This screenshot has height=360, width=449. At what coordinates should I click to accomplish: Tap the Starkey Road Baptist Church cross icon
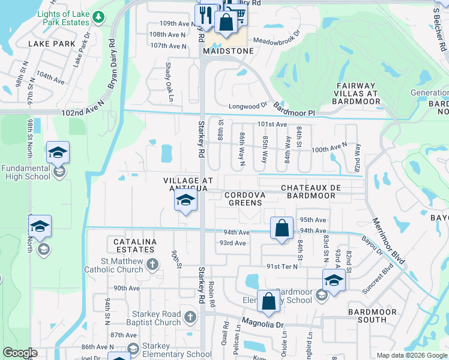[190, 316]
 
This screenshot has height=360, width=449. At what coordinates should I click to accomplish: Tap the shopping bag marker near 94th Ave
[282, 228]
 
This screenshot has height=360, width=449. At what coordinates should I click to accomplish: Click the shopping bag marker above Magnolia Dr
[268, 301]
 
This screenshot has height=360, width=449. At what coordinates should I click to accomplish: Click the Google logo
[20, 353]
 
